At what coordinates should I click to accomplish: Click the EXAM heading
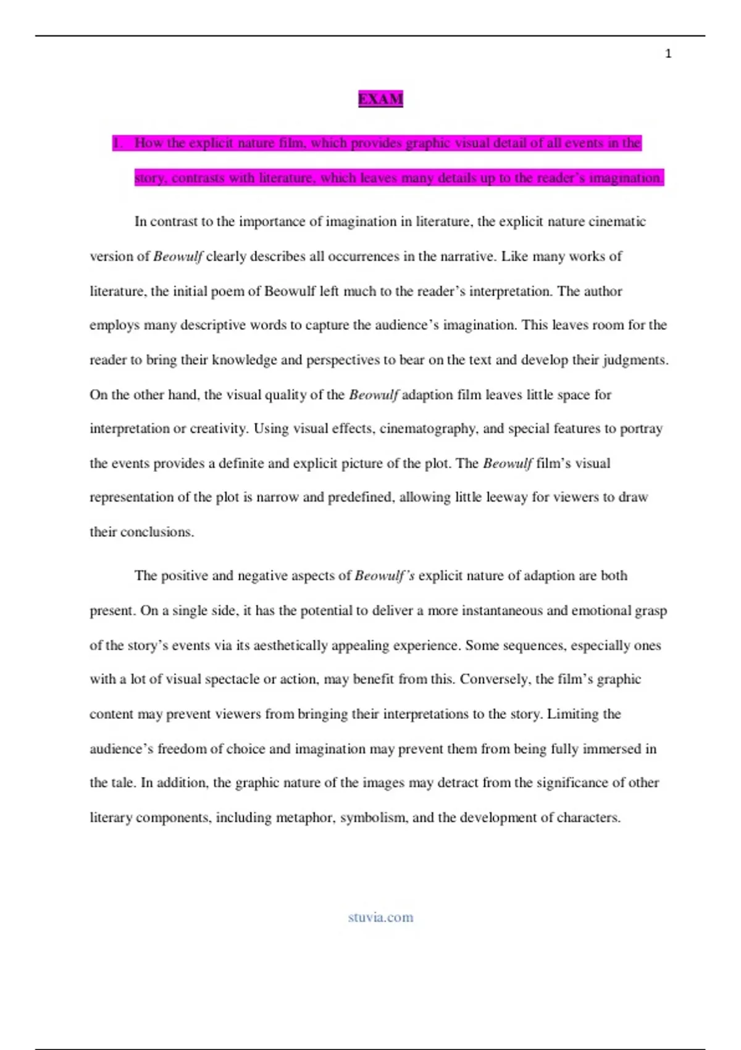tap(380, 99)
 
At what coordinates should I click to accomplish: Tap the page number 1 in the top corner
tap(668, 54)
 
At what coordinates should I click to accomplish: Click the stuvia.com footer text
tap(380, 917)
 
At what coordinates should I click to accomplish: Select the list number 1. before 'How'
tap(118, 143)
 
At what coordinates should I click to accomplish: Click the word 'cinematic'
tap(617, 222)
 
